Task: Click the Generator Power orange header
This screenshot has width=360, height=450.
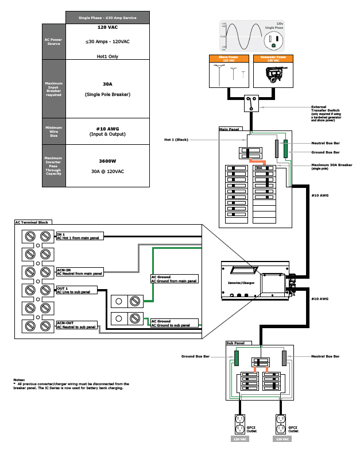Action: click(273, 58)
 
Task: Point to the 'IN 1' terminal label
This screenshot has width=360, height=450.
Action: click(60, 234)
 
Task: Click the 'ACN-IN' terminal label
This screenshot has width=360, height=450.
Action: click(64, 268)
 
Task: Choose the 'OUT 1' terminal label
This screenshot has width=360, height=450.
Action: click(62, 287)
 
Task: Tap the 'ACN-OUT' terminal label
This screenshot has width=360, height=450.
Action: click(65, 323)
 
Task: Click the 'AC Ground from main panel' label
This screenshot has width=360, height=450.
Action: click(174, 280)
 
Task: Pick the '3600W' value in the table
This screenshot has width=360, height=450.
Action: click(107, 161)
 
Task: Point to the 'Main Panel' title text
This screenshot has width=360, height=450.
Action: click(228, 130)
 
